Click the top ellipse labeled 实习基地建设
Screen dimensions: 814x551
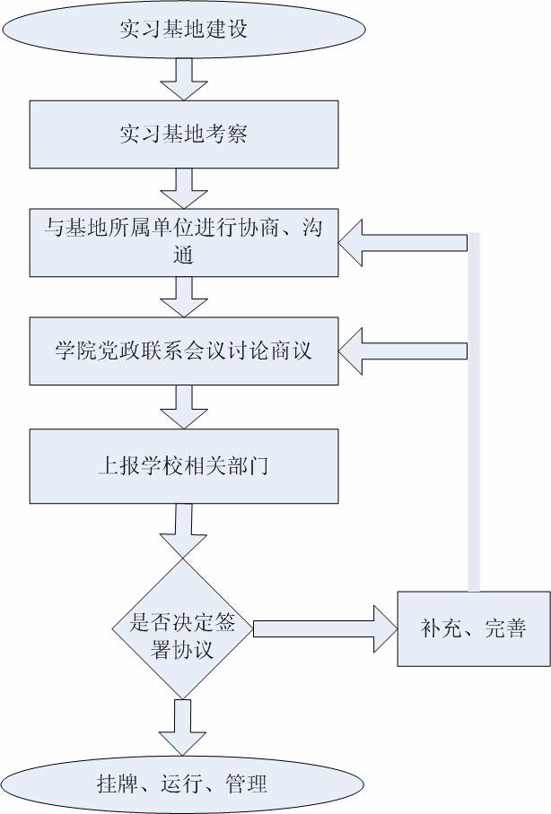(183, 29)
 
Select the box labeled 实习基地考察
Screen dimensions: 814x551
(183, 134)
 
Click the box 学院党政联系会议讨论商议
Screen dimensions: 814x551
(183, 351)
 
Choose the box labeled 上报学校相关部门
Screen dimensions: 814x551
(183, 466)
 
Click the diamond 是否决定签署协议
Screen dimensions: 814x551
(183, 628)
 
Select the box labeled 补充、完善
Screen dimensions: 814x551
(473, 628)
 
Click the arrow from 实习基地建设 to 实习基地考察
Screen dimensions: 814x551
(183, 79)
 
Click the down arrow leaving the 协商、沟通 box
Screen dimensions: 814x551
(183, 296)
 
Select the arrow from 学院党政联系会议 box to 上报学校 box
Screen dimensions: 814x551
(183, 408)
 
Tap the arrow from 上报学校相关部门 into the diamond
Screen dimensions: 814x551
(183, 531)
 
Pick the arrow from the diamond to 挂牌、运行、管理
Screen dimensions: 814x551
(183, 726)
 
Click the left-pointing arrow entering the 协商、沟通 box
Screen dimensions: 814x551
(404, 243)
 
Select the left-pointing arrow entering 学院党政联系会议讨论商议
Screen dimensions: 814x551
(404, 351)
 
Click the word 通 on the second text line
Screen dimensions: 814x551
(183, 255)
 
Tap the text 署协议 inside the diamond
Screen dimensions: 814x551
(183, 647)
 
